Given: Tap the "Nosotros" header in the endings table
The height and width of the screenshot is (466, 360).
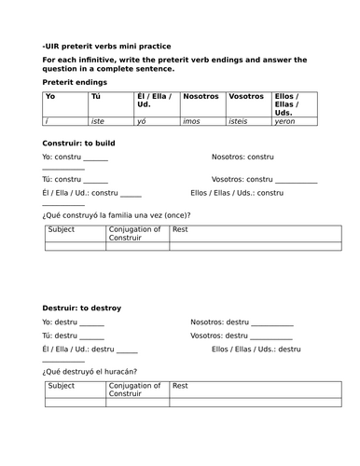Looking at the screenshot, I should [x=201, y=96].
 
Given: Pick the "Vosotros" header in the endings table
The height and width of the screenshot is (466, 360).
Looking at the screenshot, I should [x=245, y=96].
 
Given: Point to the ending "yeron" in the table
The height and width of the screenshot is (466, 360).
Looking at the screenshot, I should [x=285, y=121].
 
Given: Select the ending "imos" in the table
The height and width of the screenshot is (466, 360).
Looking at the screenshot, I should [x=195, y=121].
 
